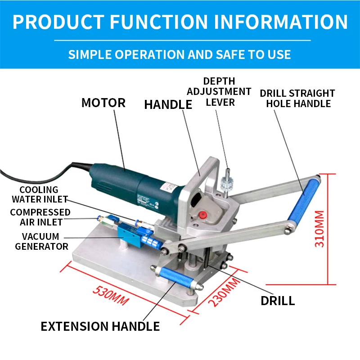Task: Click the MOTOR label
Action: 103,103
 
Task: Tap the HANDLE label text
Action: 168,104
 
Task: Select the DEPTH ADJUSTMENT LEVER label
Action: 219,92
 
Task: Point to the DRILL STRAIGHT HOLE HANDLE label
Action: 297,99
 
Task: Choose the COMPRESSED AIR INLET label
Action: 40,217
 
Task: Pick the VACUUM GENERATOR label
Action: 41,241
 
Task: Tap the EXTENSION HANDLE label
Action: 100,326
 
